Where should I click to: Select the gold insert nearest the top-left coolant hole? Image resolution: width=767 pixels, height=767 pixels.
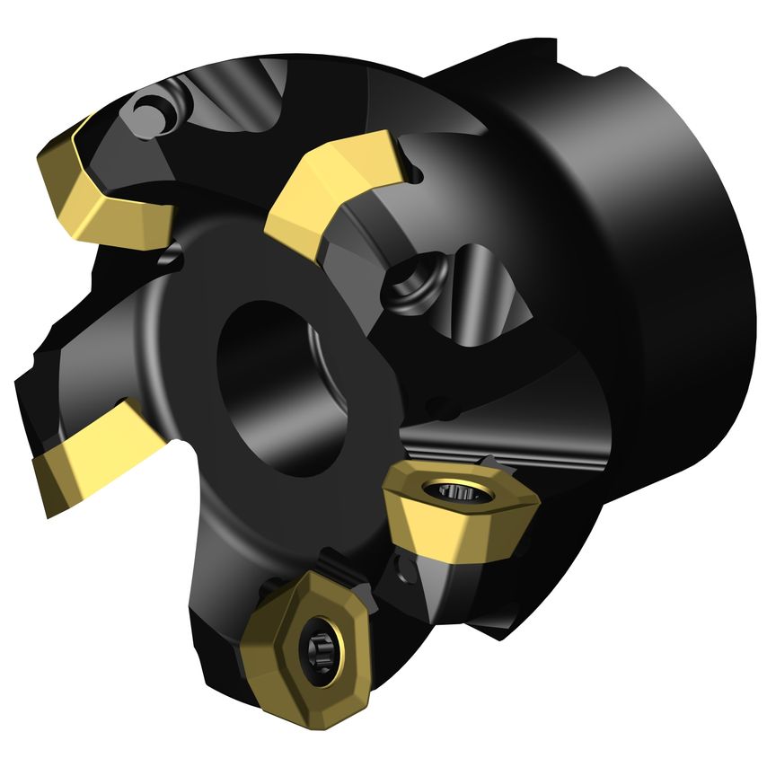[103, 189]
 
